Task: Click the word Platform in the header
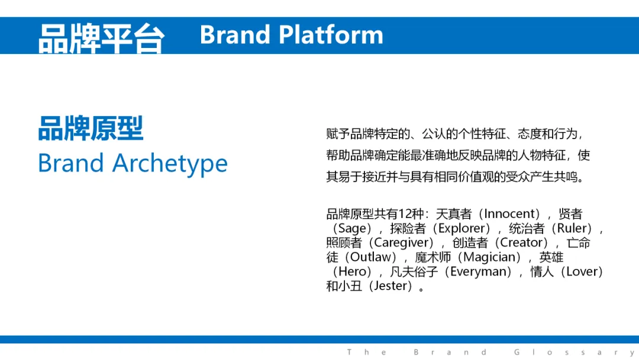click(x=331, y=35)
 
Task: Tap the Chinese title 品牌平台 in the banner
click(x=102, y=38)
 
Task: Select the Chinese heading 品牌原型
click(x=91, y=128)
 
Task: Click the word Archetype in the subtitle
click(x=170, y=163)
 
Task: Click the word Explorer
click(x=464, y=229)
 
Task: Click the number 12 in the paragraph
click(x=405, y=214)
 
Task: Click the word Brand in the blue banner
click(x=235, y=35)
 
